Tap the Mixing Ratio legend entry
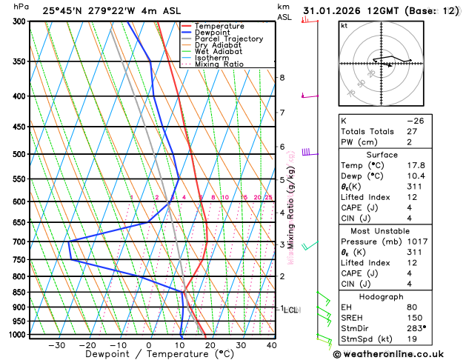[219, 64]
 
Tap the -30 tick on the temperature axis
[56, 345]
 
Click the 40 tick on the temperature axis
[272, 345]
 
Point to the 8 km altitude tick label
[282, 78]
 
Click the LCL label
[290, 310]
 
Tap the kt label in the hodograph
[344, 25]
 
